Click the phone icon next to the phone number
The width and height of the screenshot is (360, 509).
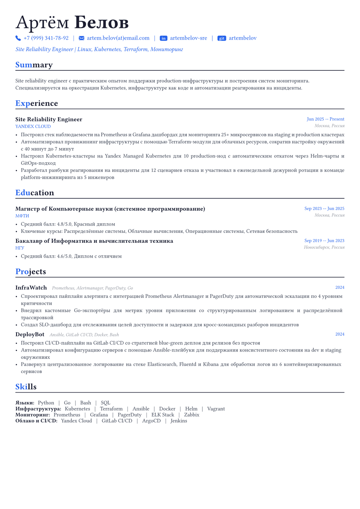[18, 38]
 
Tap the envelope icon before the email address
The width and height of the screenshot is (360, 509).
[81, 38]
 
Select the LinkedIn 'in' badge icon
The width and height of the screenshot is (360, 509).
[163, 38]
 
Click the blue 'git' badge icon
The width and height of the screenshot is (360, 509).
[222, 38]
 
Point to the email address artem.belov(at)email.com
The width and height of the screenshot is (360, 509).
[118, 38]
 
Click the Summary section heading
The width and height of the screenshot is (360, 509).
[34, 65]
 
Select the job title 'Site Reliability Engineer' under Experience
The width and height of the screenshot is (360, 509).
[49, 119]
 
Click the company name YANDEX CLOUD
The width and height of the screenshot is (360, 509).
[33, 126]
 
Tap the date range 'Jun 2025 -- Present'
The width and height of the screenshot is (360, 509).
[325, 119]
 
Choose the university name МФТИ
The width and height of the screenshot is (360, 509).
[22, 216]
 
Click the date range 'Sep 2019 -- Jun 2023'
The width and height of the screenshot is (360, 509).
[324, 240]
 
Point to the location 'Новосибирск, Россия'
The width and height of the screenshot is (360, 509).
[324, 247]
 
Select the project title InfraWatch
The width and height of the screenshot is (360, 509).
[31, 287]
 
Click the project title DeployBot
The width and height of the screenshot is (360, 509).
[30, 334]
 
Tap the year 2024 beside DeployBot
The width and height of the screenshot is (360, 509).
[340, 334]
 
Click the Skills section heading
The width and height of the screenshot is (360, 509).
[26, 387]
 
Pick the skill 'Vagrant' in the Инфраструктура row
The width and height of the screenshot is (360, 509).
[216, 409]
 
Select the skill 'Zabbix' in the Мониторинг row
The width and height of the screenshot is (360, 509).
[192, 415]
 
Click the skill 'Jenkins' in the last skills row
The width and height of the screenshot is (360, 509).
[179, 421]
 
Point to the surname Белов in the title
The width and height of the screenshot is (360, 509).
[101, 23]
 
